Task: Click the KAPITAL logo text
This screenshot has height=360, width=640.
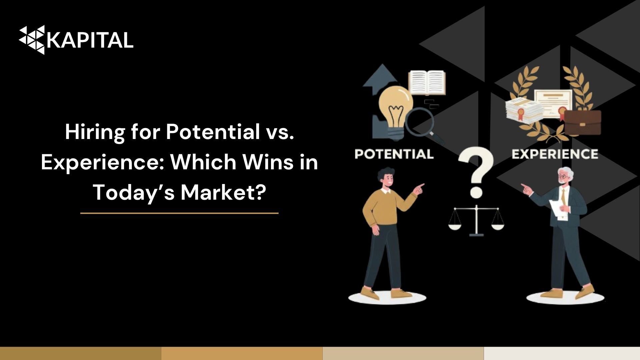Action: coord(90,40)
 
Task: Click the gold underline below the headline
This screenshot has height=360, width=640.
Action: coord(179,213)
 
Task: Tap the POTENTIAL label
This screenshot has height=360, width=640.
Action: coord(394,154)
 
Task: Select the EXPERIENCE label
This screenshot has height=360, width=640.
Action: coord(555,154)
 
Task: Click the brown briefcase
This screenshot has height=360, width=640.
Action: coord(582,122)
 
